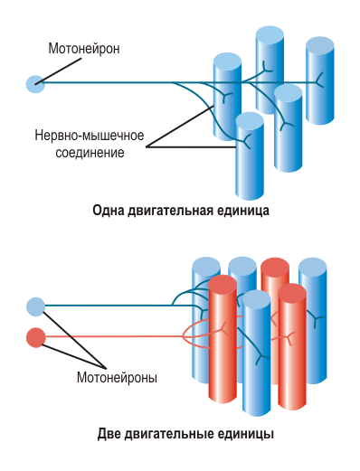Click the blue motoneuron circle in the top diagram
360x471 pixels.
(x=35, y=84)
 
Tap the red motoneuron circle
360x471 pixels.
(x=35, y=337)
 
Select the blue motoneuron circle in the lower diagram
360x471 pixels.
(x=35, y=306)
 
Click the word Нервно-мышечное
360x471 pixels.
(x=90, y=137)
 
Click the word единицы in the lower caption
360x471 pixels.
(x=246, y=434)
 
